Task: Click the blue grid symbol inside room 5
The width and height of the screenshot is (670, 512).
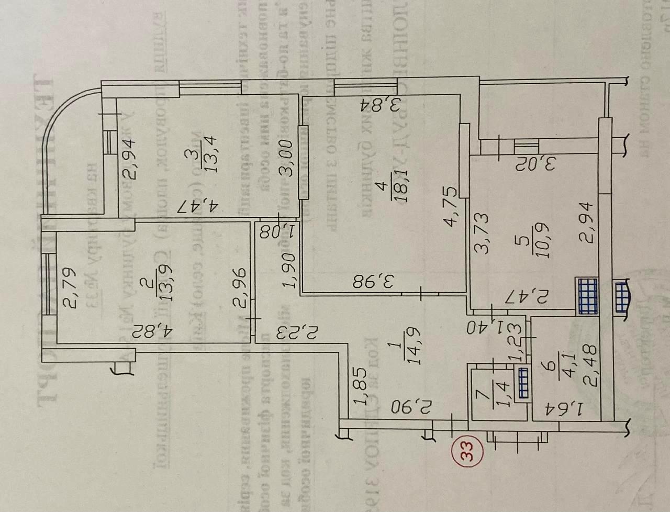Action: (x=587, y=296)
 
